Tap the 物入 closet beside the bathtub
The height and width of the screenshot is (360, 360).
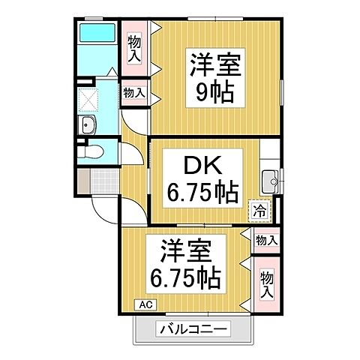click(x=135, y=47)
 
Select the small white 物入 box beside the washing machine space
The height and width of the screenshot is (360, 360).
click(x=134, y=93)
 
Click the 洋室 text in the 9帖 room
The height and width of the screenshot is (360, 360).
click(x=214, y=65)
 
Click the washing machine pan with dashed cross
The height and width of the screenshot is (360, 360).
click(x=91, y=100)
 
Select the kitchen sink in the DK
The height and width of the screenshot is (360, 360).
click(x=269, y=181)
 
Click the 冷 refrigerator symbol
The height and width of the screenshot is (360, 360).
click(x=259, y=211)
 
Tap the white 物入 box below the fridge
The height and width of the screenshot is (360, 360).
click(x=266, y=240)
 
